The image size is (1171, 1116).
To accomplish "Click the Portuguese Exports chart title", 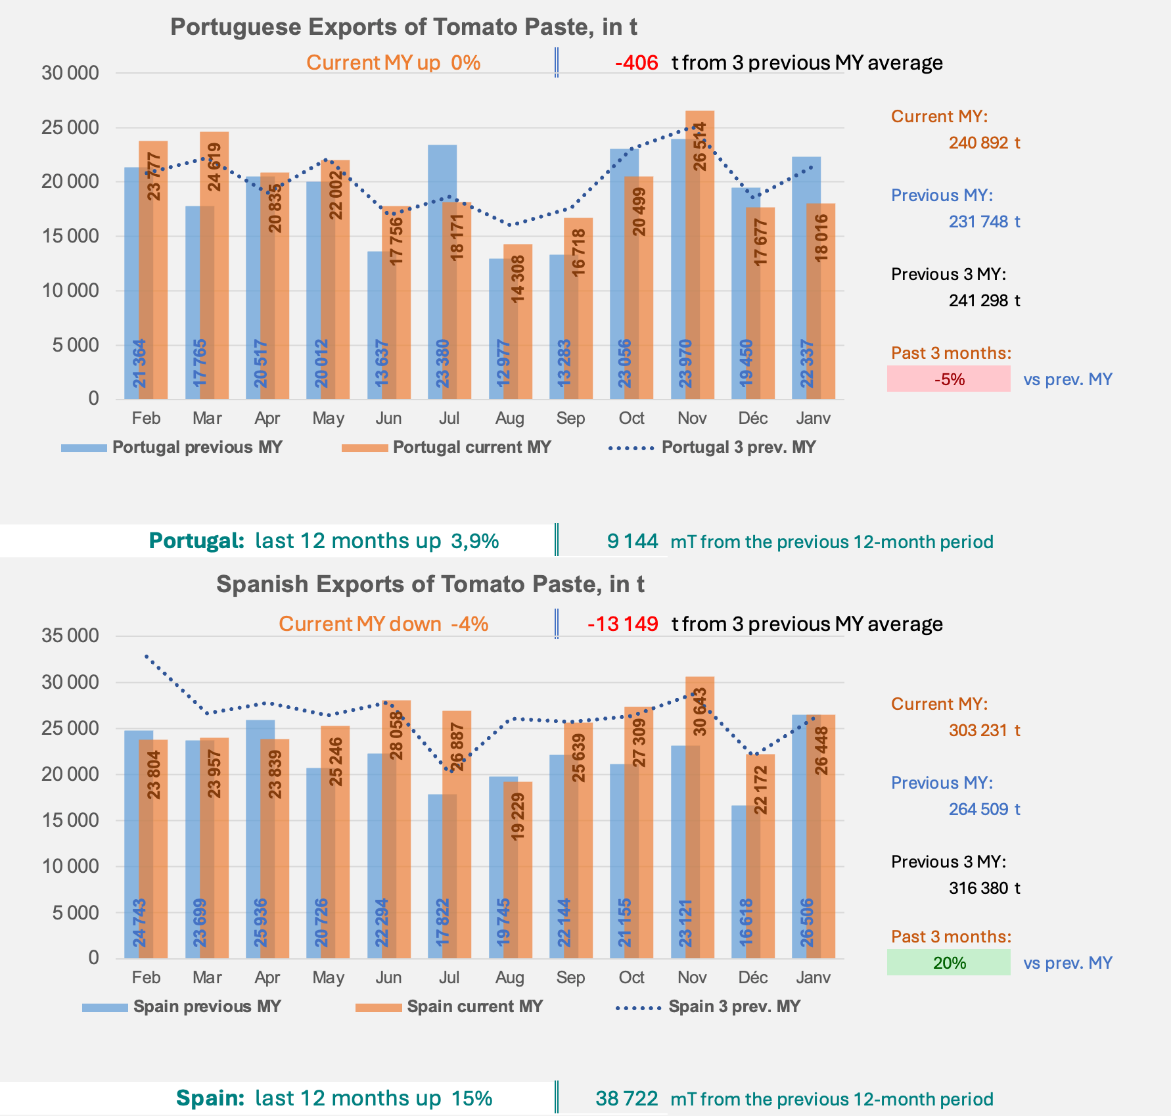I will [403, 27].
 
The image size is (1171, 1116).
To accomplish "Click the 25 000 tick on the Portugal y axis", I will [70, 128].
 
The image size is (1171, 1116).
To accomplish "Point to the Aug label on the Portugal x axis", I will [509, 419].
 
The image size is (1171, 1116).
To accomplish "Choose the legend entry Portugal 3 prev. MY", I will [738, 448].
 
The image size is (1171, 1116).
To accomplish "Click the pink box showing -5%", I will [948, 379].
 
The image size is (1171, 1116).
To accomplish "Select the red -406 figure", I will [636, 63].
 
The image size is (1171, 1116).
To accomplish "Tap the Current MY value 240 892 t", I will [984, 143].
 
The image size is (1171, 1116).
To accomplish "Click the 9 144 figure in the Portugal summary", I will [632, 541].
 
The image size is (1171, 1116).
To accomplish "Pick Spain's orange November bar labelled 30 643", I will [700, 815].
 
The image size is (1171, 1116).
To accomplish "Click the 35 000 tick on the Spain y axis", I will [70, 636].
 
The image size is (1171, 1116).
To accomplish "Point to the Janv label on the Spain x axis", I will [813, 977].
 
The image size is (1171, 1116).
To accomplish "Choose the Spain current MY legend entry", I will [474, 1007].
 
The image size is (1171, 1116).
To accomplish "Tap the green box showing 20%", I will [948, 963].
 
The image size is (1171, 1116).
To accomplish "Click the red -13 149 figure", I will [622, 624].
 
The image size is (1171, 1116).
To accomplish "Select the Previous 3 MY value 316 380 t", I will [984, 888].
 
